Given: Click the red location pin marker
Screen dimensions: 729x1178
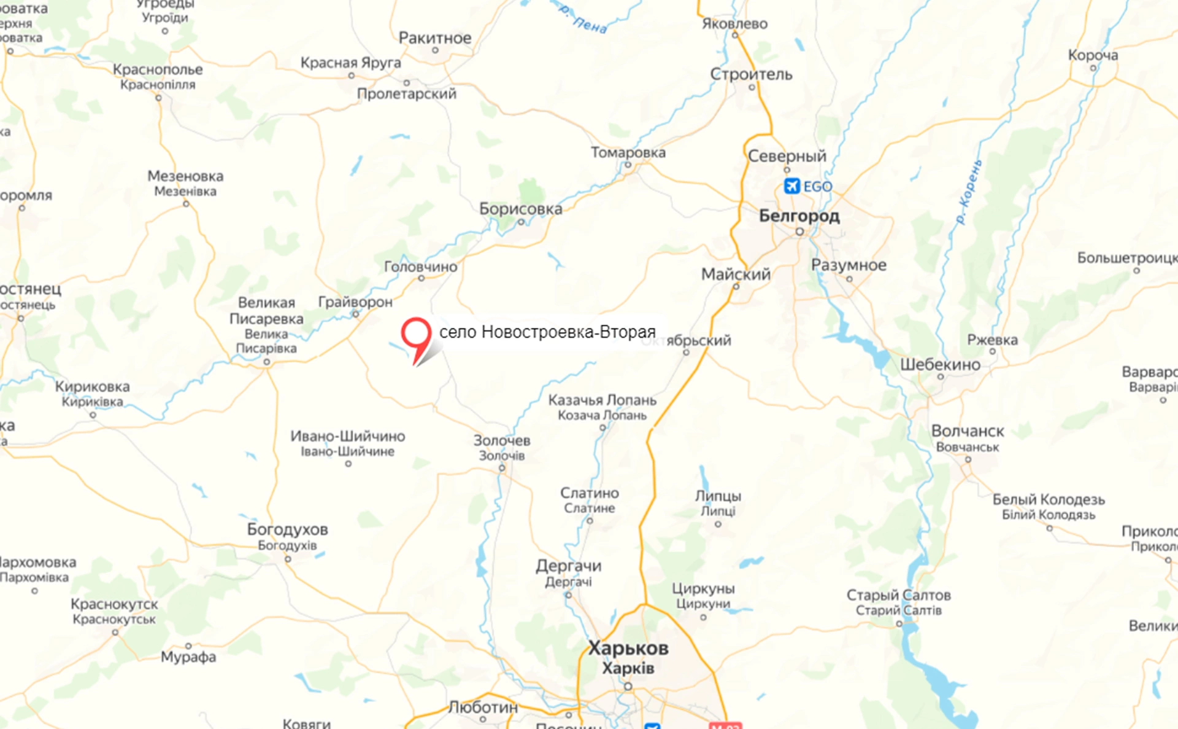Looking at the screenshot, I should tap(416, 335).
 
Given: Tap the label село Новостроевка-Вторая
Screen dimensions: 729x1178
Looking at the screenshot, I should tap(547, 332).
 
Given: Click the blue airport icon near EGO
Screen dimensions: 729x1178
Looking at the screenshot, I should tap(791, 185).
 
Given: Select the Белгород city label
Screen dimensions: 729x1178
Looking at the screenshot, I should tap(799, 216).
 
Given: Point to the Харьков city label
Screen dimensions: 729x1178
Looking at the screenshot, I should tap(628, 648).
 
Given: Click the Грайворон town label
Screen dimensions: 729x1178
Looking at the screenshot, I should tap(355, 302).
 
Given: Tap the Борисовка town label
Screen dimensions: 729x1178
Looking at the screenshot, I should tap(520, 209).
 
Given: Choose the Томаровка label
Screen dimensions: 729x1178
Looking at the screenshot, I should tap(628, 152).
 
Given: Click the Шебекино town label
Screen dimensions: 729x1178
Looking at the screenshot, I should tap(940, 364).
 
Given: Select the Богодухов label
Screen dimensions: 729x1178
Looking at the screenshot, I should tap(287, 529).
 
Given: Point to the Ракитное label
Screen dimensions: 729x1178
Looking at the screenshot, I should tap(435, 38).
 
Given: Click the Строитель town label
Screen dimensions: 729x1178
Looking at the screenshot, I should tap(751, 74).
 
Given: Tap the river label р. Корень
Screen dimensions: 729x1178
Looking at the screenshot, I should tap(969, 192).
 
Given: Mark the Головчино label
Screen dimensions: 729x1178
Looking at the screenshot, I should tap(420, 267).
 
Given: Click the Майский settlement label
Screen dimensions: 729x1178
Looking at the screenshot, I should tap(736, 274).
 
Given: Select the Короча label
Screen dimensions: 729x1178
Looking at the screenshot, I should tap(1093, 55).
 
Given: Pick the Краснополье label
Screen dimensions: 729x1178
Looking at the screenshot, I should tap(158, 69).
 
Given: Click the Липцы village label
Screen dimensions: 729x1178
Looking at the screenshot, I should tap(718, 496).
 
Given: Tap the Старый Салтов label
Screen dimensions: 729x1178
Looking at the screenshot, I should tap(898, 595).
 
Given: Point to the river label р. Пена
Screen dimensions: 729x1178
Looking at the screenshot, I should tap(583, 18).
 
